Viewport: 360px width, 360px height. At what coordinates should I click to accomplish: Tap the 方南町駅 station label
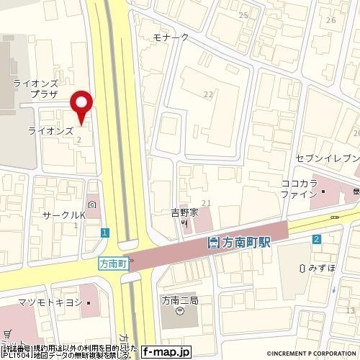[x=239, y=243]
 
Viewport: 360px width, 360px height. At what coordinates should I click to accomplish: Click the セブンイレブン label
[x=327, y=157]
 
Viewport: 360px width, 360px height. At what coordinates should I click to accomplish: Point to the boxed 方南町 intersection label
[x=112, y=264]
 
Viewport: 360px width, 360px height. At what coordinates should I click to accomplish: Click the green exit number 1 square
[x=105, y=232]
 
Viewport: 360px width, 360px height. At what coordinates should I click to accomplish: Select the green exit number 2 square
[x=316, y=239]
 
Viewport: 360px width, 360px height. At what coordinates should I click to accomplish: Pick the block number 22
[x=209, y=94]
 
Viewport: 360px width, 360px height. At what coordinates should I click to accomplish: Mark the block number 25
[x=243, y=15]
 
